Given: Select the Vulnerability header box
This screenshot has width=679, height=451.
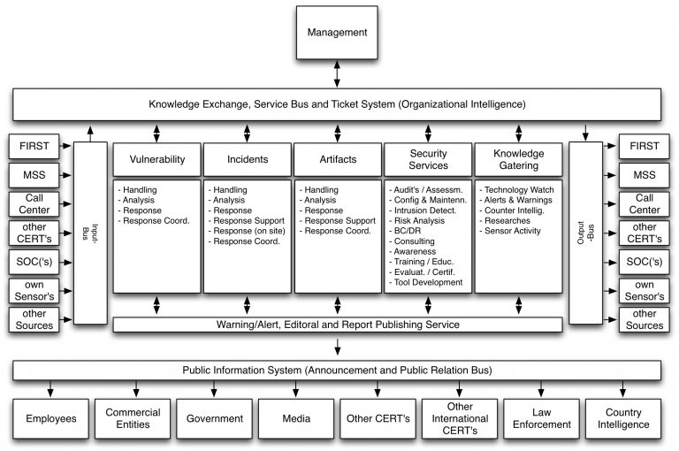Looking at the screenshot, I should click(x=157, y=160).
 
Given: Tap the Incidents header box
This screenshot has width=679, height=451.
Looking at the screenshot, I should click(x=248, y=160).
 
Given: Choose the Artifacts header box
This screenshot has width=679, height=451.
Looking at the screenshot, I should click(x=337, y=160).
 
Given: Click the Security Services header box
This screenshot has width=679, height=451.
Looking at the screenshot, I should click(x=428, y=160).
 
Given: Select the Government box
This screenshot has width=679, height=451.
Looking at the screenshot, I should click(x=213, y=418).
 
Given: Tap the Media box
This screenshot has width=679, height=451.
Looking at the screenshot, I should click(x=294, y=418).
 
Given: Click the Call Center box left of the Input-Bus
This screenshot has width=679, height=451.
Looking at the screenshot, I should click(x=32, y=204).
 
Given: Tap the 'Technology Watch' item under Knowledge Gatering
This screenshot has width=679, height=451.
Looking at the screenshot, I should click(x=520, y=189).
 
